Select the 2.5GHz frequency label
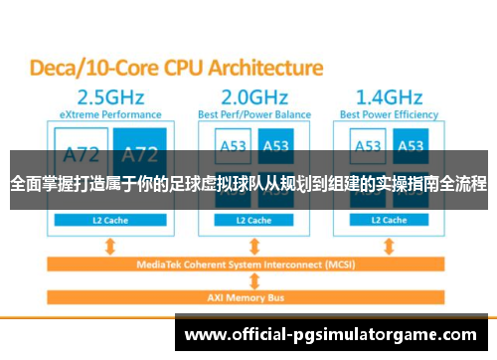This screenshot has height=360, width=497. [x=104, y=97]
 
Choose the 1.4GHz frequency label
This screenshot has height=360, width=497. [x=390, y=97]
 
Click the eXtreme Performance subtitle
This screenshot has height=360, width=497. [x=104, y=115]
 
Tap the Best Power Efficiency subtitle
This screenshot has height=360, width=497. [x=390, y=115]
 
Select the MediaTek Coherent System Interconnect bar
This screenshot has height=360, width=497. [x=248, y=265]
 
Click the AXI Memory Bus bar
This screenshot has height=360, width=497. [x=248, y=297]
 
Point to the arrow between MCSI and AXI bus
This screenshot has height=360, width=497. [x=248, y=281]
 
